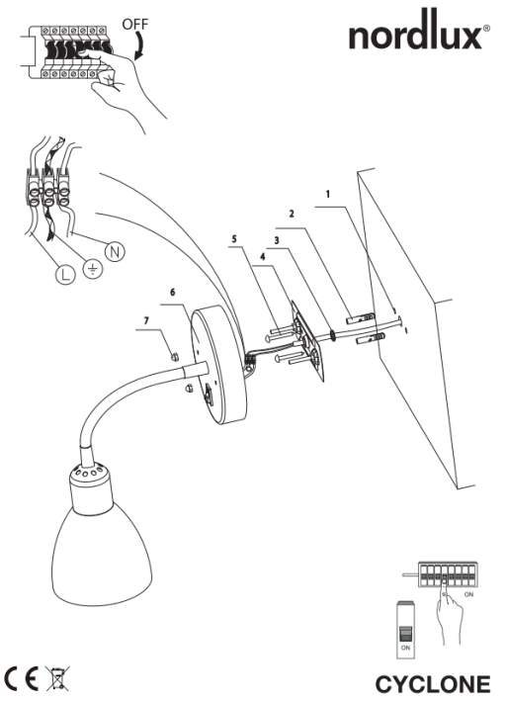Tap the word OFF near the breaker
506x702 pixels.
point(135,24)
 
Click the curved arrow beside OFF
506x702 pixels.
point(141,45)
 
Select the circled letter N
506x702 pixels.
point(115,251)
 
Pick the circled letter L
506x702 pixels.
point(65,275)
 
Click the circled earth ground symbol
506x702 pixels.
point(93,269)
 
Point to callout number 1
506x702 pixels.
point(328,194)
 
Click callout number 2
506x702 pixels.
point(292,214)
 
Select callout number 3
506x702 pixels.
point(277,240)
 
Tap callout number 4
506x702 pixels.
point(263,256)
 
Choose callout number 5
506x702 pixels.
point(233,239)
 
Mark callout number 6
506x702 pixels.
point(173,293)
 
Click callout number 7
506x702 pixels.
point(146,320)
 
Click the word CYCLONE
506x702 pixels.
point(433,684)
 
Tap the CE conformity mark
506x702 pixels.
point(22,678)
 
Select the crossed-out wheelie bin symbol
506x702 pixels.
point(57,678)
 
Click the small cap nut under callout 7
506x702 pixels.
point(175,356)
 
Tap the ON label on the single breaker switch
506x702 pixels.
point(405,648)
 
